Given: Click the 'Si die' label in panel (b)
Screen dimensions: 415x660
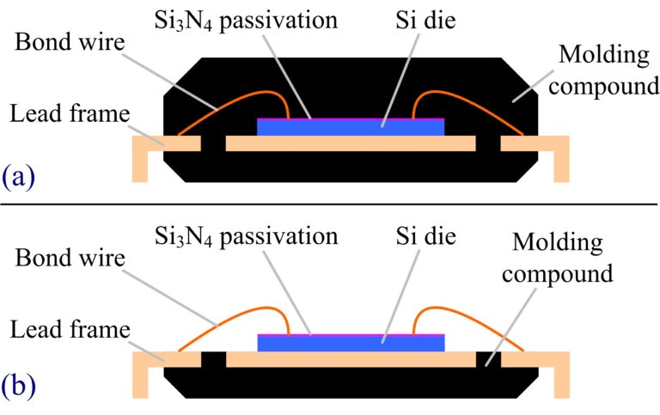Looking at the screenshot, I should pos(430,235).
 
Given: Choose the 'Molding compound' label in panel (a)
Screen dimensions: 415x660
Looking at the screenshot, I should pos(608,70).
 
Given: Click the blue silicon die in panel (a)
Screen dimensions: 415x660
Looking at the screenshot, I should pos(351,127).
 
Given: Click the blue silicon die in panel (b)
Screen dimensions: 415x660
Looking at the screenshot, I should pos(351,343).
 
